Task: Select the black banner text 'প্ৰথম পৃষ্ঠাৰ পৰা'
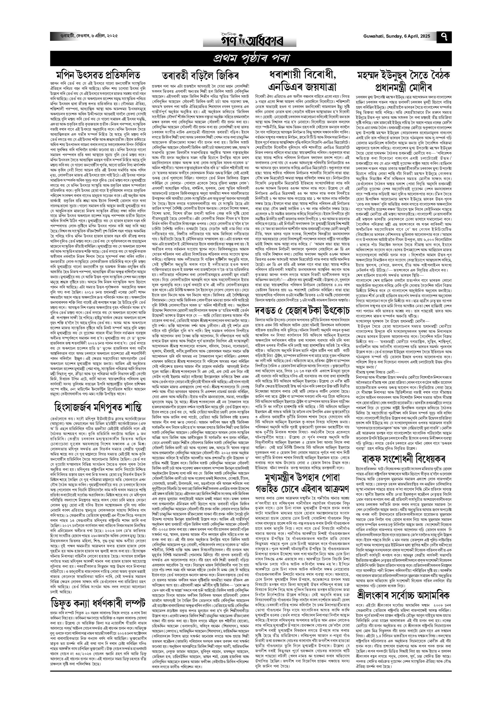tap(251, 58)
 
